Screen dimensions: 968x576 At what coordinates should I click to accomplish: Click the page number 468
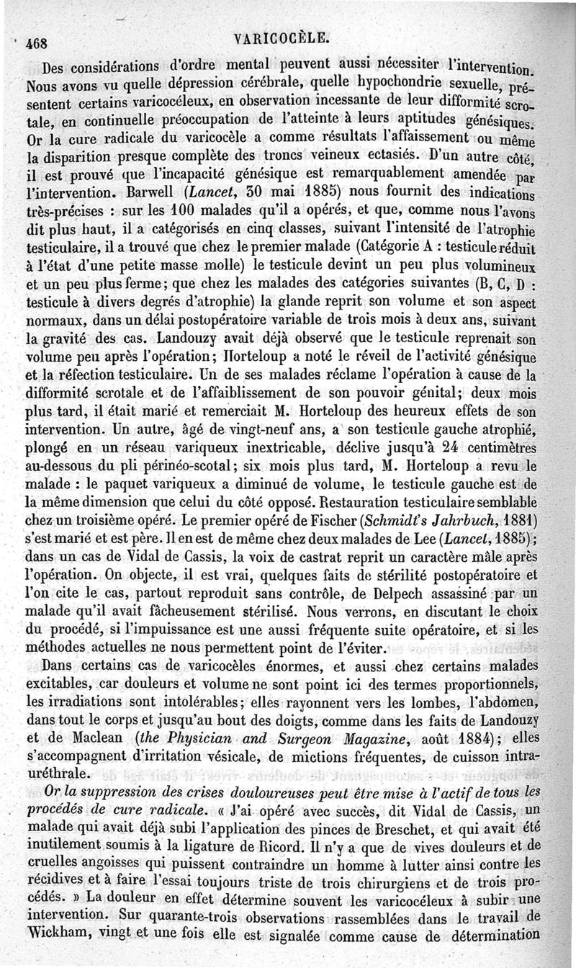pos(35,42)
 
